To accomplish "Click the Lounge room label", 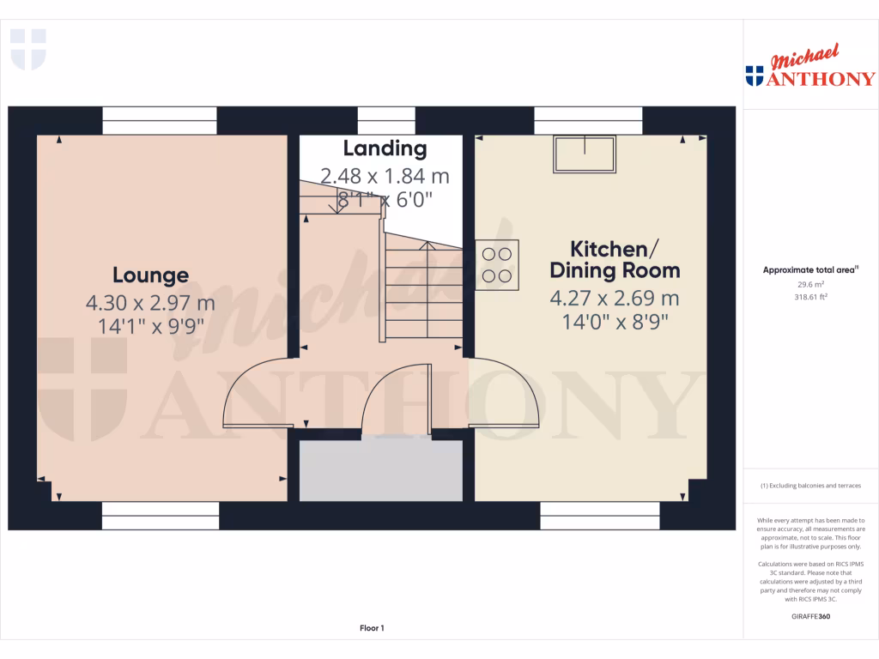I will pyautogui.click(x=150, y=275).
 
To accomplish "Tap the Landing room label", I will pyautogui.click(x=385, y=148).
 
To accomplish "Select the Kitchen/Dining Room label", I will pyautogui.click(x=615, y=260).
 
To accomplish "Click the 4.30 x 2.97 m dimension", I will pyautogui.click(x=150, y=303).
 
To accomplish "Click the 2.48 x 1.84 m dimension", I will pyautogui.click(x=385, y=177).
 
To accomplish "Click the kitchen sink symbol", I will pyautogui.click(x=585, y=154).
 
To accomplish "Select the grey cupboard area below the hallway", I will pyautogui.click(x=380, y=470).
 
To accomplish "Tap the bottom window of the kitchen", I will pyautogui.click(x=600, y=517).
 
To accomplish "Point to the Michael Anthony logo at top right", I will pyautogui.click(x=809, y=69).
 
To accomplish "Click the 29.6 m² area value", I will pyautogui.click(x=811, y=283).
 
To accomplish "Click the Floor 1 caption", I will pyautogui.click(x=372, y=628).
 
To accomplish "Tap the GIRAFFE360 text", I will pyautogui.click(x=811, y=616).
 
